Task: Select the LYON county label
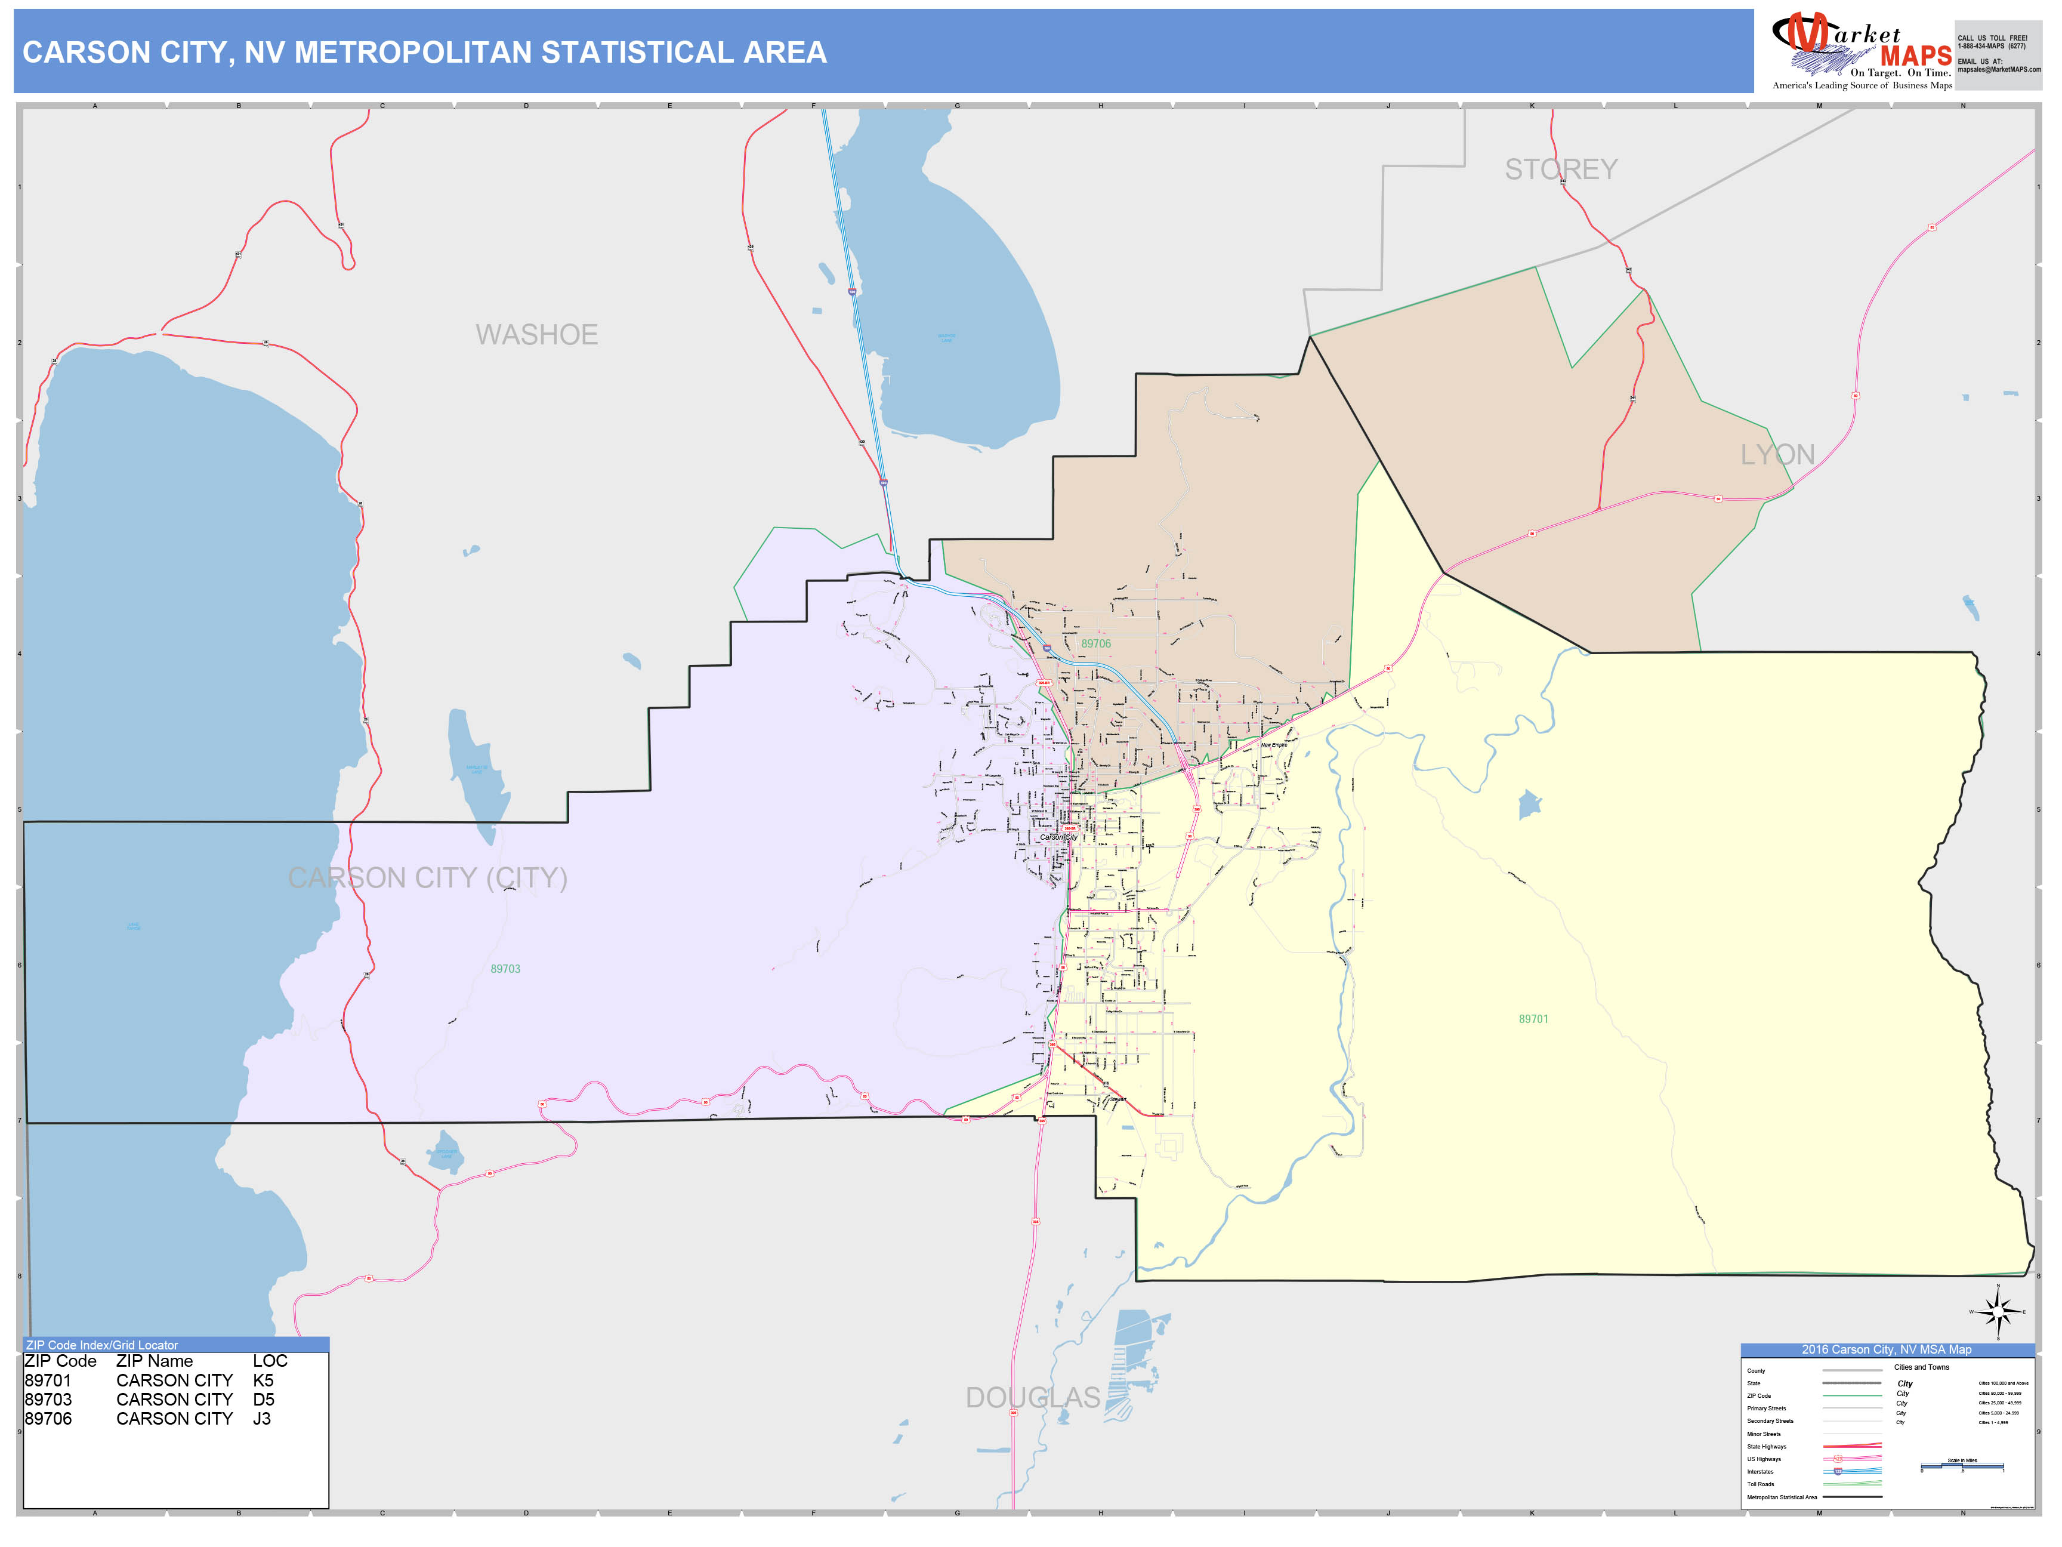(x=1777, y=455)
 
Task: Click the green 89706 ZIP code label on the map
(x=1095, y=643)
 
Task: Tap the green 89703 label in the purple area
(x=505, y=969)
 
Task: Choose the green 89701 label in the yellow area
(x=1533, y=1019)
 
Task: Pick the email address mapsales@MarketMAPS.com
(x=1999, y=70)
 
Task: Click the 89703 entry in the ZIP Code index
(x=48, y=1400)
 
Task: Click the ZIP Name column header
(x=155, y=1361)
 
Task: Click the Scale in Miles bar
(x=1962, y=1467)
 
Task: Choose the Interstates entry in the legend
(x=1760, y=1471)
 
